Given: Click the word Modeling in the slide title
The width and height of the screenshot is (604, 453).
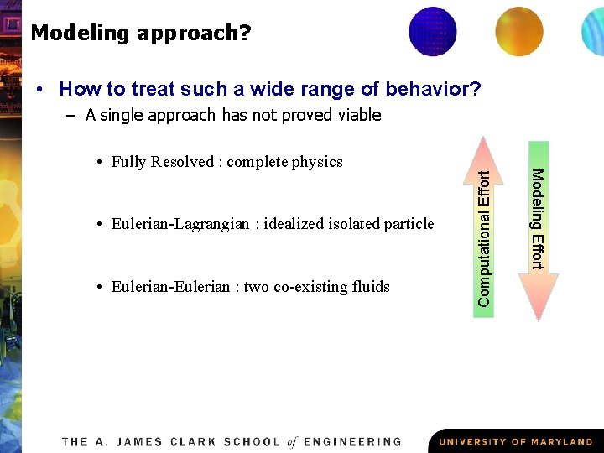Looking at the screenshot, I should [78, 34].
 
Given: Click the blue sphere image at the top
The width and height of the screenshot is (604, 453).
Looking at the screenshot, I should [432, 31].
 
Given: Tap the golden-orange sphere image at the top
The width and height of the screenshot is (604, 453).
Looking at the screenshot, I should [518, 31].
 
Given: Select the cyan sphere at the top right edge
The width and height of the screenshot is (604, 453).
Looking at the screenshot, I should [593, 31].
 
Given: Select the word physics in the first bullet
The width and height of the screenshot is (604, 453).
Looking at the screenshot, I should [317, 162].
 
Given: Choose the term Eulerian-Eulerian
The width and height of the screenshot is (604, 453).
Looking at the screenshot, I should [170, 287].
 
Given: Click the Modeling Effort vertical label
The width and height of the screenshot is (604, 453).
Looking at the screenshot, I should [539, 219].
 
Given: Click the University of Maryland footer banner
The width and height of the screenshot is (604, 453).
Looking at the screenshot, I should [515, 441].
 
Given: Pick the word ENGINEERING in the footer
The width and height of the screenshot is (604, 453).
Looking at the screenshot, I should [352, 442].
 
